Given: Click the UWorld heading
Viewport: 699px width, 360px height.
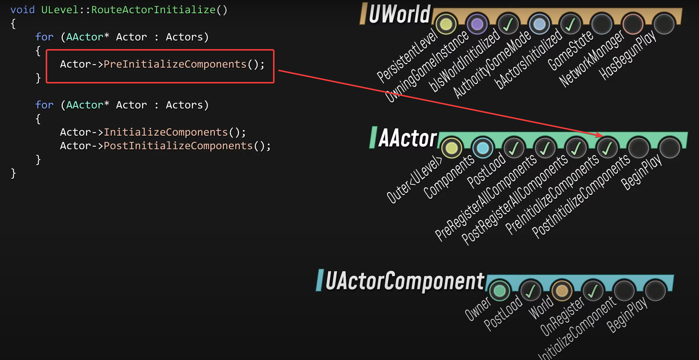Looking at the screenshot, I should point(399,14).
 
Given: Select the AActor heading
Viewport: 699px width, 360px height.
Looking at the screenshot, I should point(407,138).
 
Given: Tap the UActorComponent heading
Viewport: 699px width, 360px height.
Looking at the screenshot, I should point(404,281).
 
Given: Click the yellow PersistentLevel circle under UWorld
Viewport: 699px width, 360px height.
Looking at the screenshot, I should point(446,24).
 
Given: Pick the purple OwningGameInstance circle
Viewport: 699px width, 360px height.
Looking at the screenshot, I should point(477,24).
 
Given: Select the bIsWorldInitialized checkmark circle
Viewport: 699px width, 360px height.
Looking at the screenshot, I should point(508,24).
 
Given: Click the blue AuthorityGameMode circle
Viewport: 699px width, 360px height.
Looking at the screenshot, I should point(539,24).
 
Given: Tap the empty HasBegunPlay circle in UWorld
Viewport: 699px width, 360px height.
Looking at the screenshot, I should point(664,24).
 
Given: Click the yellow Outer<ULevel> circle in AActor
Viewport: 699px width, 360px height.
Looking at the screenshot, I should point(452,148).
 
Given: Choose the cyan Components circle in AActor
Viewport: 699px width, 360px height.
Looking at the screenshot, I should point(483,148).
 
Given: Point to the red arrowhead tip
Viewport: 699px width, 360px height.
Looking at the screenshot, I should point(603,136).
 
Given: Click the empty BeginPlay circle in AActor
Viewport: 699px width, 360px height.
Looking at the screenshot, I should point(670,148).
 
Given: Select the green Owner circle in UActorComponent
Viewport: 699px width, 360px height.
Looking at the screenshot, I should point(500,291).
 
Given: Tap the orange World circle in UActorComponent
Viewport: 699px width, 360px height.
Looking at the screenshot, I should point(562,291).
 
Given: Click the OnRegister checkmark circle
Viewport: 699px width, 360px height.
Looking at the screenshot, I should point(593,291).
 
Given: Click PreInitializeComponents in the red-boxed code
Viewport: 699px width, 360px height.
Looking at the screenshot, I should point(175,64).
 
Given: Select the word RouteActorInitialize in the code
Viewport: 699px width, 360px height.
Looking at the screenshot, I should point(153,10).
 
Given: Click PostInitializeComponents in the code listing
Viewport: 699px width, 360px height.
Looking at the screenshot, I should point(178,146).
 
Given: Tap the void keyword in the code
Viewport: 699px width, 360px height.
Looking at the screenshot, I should point(22,10).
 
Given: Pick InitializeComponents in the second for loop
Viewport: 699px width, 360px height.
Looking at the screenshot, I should point(165,132).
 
